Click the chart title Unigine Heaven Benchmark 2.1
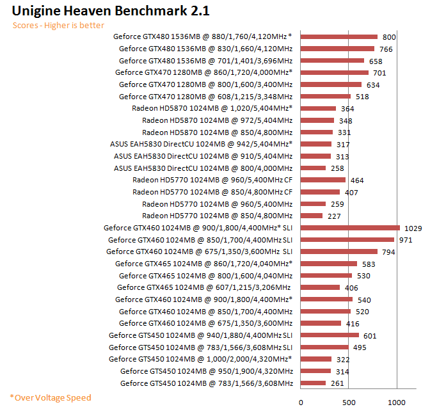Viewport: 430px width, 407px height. click(x=110, y=11)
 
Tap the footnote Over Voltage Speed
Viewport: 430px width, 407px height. click(x=51, y=397)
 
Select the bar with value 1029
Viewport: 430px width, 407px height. click(x=349, y=227)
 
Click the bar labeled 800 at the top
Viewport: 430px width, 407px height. click(x=338, y=36)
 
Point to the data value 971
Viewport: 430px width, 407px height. click(x=405, y=239)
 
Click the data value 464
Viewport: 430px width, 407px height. click(x=357, y=180)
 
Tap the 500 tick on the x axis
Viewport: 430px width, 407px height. click(x=348, y=403)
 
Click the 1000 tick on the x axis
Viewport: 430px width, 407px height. click(x=397, y=403)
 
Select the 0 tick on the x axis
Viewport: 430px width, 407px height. click(x=301, y=403)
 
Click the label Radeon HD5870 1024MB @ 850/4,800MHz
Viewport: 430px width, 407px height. click(x=217, y=132)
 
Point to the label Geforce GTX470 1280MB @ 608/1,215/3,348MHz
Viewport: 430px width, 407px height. click(x=205, y=96)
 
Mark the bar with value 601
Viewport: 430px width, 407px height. click(x=329, y=335)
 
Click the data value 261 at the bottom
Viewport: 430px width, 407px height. click(x=337, y=383)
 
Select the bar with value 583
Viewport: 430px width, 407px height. click(x=328, y=263)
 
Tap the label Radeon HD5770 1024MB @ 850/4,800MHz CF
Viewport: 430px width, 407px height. click(x=212, y=191)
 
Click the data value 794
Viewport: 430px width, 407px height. click(x=388, y=251)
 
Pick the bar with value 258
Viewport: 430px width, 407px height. click(x=312, y=168)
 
